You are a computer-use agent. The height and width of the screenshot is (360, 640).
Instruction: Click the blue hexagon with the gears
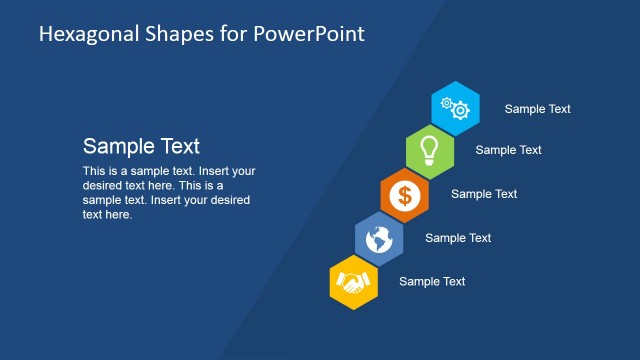point(455,106)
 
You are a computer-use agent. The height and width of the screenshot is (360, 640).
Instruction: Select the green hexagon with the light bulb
point(430,150)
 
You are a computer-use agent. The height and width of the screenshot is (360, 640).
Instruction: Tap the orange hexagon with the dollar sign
point(405,194)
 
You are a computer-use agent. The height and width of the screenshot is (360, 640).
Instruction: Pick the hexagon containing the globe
point(380,238)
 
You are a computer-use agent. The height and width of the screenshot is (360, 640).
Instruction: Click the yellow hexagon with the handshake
point(353,282)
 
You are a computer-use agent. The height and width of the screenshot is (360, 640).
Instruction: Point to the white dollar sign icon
point(405,194)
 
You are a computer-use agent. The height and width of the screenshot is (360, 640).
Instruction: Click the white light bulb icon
point(430,149)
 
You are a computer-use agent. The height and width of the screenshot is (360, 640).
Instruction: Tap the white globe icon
point(380,238)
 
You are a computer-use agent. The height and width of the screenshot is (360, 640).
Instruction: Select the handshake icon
point(353,282)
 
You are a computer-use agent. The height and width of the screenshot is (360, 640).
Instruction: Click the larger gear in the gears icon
point(460,110)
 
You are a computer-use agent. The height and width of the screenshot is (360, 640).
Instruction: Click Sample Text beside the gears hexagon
point(537,109)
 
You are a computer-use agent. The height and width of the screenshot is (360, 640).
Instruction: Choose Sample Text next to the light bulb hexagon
point(508,150)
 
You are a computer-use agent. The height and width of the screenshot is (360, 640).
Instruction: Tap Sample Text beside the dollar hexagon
point(484,194)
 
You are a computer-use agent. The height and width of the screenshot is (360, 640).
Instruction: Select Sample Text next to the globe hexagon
point(458,238)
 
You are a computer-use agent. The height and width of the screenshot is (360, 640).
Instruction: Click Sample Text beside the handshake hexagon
point(432,282)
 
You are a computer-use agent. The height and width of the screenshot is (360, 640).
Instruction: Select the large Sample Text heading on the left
point(141,146)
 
